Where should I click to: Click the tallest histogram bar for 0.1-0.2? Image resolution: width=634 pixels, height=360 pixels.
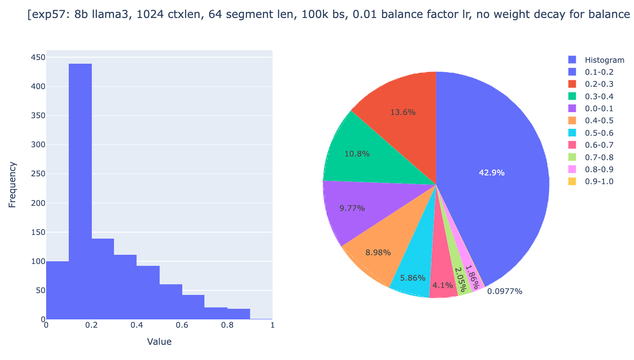[x=80, y=191]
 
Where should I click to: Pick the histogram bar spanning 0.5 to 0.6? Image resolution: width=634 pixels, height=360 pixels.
[x=171, y=302]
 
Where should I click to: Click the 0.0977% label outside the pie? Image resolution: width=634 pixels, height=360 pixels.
[x=505, y=291]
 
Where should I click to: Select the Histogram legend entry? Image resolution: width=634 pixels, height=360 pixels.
[x=604, y=60]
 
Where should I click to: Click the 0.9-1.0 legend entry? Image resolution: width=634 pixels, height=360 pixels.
[x=599, y=181]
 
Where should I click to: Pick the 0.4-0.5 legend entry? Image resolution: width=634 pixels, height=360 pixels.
[x=599, y=121]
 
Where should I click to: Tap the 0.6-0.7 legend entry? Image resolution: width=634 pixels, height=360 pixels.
[x=599, y=145]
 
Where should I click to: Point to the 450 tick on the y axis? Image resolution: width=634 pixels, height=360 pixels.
[x=38, y=57]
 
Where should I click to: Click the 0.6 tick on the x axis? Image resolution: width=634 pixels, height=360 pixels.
[x=182, y=325]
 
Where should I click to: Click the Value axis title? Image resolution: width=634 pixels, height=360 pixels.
[x=159, y=342]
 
